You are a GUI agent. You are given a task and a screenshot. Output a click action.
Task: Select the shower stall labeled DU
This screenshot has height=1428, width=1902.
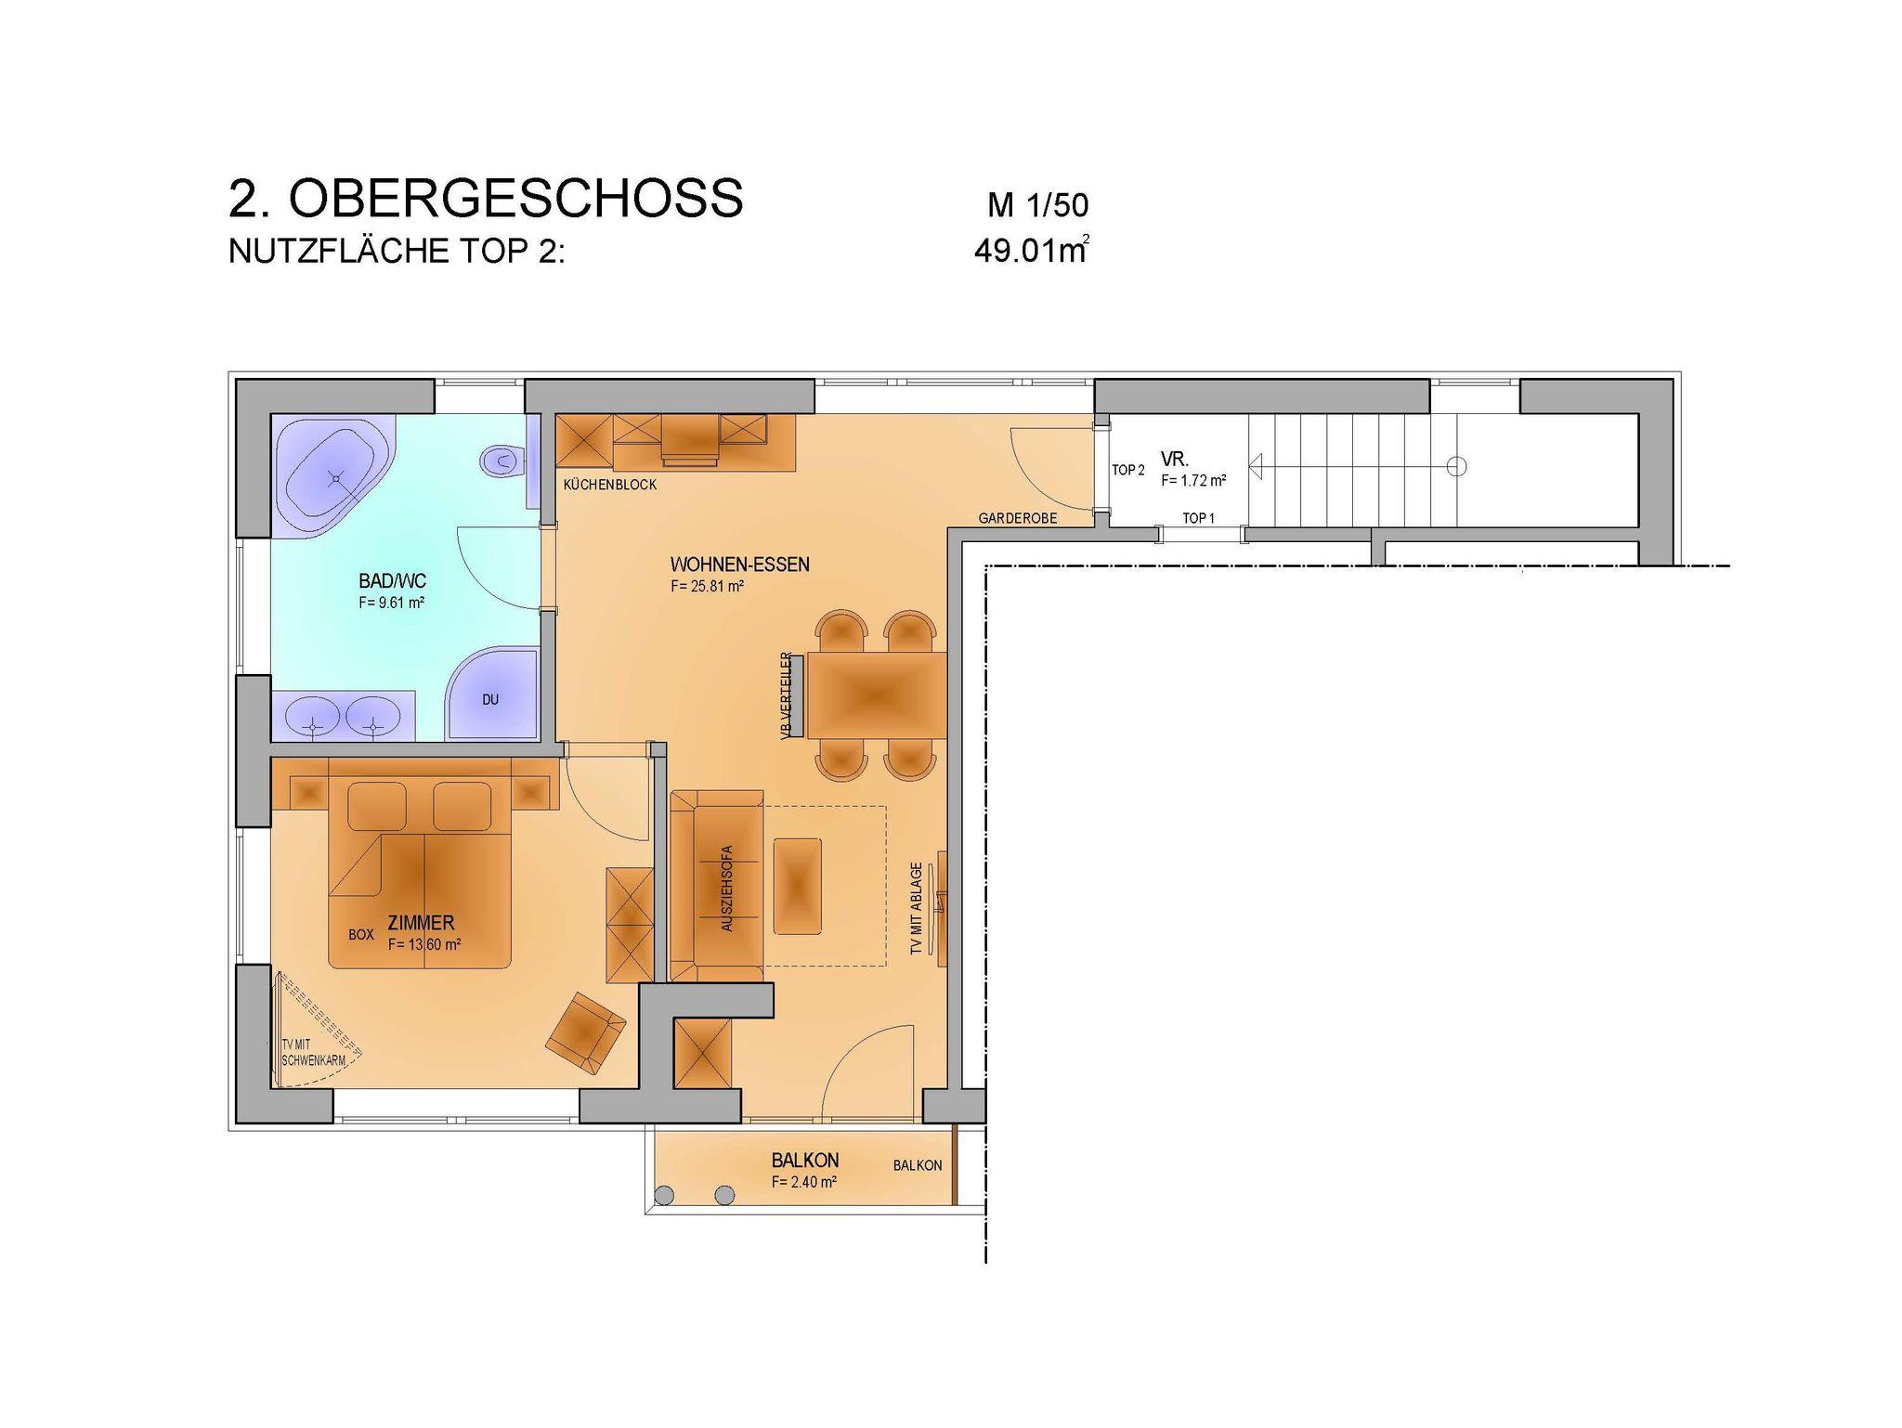pos(492,695)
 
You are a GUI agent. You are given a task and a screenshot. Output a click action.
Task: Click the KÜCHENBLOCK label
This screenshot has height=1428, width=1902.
pos(610,485)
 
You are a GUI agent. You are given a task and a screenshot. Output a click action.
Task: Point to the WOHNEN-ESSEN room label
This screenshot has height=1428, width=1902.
pos(740,565)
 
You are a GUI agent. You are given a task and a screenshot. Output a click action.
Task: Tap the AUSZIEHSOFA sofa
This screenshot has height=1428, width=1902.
pos(717,886)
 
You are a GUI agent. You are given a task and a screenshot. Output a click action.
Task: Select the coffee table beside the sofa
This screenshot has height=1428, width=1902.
pos(798,886)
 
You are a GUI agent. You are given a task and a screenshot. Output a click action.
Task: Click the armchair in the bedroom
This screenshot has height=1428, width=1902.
pos(585,1032)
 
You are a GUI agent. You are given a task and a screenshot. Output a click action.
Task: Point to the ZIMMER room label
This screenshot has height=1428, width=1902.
pos(422,923)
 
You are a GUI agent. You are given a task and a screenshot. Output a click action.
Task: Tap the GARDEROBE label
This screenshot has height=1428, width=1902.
pos(1018,518)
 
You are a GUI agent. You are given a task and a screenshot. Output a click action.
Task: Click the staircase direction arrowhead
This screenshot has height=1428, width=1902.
pos(1257,466)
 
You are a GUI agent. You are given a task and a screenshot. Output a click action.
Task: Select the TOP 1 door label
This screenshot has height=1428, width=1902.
pos(1198,518)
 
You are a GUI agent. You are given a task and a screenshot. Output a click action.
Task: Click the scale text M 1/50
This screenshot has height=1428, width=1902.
pos(1037,205)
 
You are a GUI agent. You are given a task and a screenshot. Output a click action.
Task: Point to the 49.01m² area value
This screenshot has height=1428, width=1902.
pos(1032,251)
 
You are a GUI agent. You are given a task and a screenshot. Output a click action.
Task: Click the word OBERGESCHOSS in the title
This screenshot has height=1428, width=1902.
pos(515,197)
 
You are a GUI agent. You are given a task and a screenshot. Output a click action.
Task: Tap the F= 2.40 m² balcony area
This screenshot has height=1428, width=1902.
pos(804,1182)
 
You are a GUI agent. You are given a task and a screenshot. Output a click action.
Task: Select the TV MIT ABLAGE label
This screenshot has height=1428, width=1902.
pos(917,909)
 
